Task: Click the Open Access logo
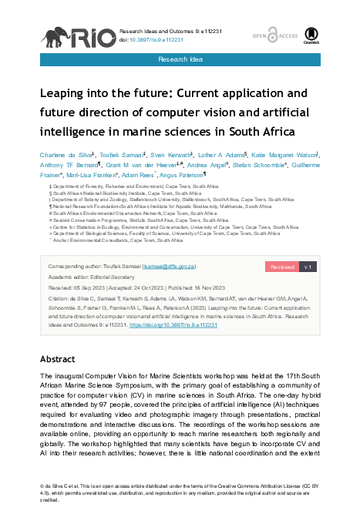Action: (x=264, y=34)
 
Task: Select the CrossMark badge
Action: (x=311, y=34)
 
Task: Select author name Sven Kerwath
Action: (x=166, y=155)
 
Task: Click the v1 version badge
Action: (x=306, y=266)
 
